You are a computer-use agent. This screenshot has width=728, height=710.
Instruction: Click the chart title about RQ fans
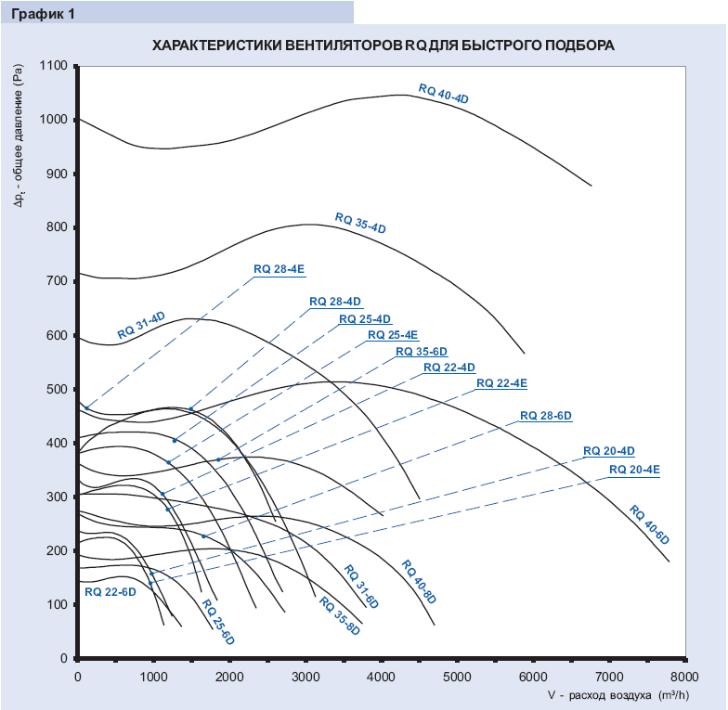point(383,45)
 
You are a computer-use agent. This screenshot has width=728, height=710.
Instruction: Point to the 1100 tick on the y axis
point(55,66)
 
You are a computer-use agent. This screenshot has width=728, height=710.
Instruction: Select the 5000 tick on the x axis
point(457,677)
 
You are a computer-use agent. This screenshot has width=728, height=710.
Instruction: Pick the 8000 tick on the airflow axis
point(684,677)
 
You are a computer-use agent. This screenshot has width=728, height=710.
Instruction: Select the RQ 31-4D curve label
point(141,324)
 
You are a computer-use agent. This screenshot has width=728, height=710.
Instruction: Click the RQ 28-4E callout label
point(279,269)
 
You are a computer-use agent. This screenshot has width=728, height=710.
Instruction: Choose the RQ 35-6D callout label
point(422,352)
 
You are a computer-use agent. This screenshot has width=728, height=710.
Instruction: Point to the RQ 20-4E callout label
point(634,470)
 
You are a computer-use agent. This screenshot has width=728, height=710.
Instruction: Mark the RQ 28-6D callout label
point(545,415)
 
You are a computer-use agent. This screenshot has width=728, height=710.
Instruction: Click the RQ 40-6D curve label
point(650,524)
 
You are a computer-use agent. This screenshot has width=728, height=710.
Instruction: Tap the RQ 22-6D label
point(110,591)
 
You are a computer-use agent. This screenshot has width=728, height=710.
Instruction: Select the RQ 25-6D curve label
point(217,623)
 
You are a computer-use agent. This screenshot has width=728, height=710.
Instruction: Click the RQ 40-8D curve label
point(421,582)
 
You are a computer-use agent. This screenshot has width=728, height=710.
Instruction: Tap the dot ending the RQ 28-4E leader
point(86,407)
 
